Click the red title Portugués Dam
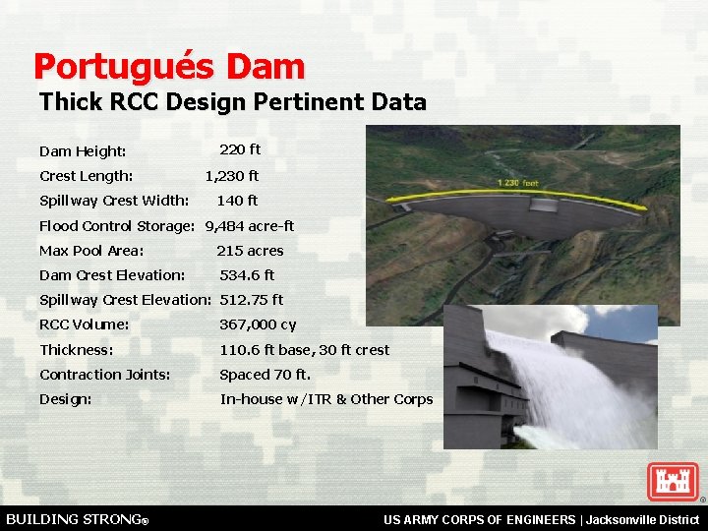(x=169, y=67)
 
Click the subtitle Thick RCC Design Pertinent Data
(x=232, y=102)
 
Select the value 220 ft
(x=240, y=149)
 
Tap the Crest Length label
(x=87, y=176)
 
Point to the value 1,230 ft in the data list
(x=232, y=176)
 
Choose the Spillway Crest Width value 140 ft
(x=237, y=201)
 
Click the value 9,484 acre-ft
(x=250, y=226)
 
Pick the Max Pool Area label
(x=91, y=251)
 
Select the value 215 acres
(x=250, y=251)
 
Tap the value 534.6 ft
(x=247, y=275)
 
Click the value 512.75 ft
(x=251, y=300)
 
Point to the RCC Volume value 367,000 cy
(x=258, y=324)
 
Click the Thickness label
(x=77, y=350)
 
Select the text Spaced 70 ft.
(x=265, y=375)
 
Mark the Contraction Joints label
(x=105, y=375)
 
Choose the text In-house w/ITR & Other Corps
(x=325, y=399)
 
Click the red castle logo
(x=673, y=481)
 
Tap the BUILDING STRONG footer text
(x=77, y=518)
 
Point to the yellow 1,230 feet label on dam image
(x=518, y=184)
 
